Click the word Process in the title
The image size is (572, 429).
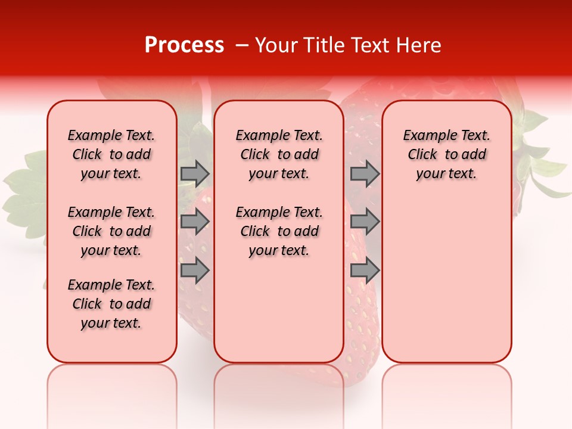pyautogui.click(x=184, y=45)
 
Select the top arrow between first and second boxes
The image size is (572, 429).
pyautogui.click(x=195, y=173)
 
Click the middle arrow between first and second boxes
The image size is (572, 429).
pyautogui.click(x=195, y=222)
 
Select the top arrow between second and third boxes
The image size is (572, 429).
pyautogui.click(x=365, y=173)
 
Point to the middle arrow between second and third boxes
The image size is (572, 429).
pyautogui.click(x=365, y=222)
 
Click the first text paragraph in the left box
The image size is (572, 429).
pyautogui.click(x=111, y=154)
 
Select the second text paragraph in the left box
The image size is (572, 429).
pyautogui.click(x=111, y=231)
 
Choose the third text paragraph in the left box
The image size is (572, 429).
pyautogui.click(x=111, y=304)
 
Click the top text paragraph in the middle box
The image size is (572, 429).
pyautogui.click(x=279, y=154)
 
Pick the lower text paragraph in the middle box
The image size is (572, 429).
pyautogui.click(x=279, y=231)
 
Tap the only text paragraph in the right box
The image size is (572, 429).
pyautogui.click(x=446, y=154)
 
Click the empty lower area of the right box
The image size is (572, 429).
pyautogui.click(x=446, y=280)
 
